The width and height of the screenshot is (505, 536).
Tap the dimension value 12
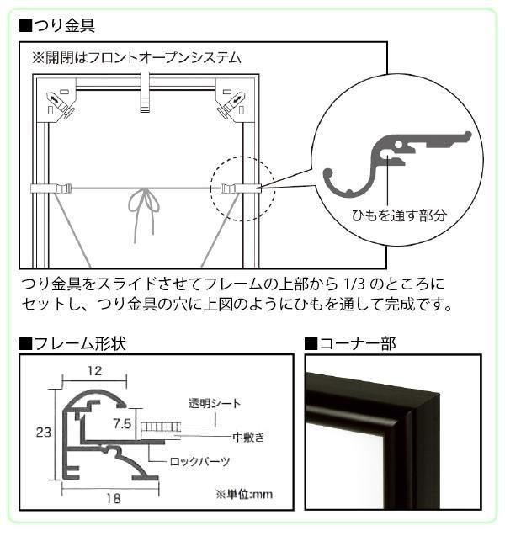95,370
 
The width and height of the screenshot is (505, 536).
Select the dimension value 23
44,433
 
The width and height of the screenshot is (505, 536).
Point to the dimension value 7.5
122,424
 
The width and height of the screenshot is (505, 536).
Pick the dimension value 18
113,498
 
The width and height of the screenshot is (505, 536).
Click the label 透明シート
215,403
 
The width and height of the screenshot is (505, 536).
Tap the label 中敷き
248,437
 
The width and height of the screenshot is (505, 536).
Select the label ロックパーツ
199,461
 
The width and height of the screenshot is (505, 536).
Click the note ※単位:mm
244,494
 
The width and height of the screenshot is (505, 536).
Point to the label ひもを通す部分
400,215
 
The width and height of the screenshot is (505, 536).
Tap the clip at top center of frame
146,92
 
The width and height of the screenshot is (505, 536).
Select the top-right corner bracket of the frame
235,100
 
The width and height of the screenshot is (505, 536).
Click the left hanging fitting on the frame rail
51,188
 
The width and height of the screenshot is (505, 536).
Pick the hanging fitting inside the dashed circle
241,188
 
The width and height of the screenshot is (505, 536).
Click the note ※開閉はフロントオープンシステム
136,58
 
